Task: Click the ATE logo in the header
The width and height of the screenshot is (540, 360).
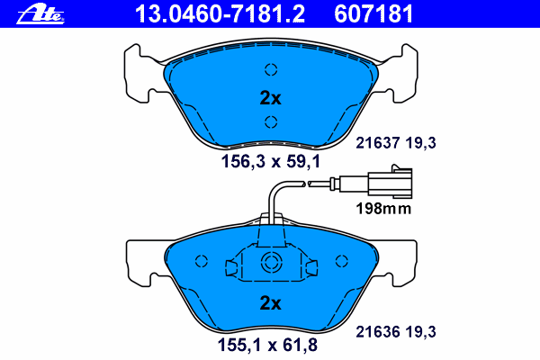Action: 40,14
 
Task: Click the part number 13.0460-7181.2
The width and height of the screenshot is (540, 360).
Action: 220,14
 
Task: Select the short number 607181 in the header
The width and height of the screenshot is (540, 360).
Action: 373,14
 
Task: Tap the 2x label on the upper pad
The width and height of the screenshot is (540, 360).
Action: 270,98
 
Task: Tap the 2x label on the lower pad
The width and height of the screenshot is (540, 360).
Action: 270,302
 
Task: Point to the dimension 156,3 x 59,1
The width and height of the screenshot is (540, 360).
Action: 271,161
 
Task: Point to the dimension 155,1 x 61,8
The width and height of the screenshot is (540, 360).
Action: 267,345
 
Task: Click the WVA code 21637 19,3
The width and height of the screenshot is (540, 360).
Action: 396,142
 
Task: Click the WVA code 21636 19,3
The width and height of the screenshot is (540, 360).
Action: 396,332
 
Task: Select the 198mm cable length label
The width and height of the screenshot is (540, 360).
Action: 383,209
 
